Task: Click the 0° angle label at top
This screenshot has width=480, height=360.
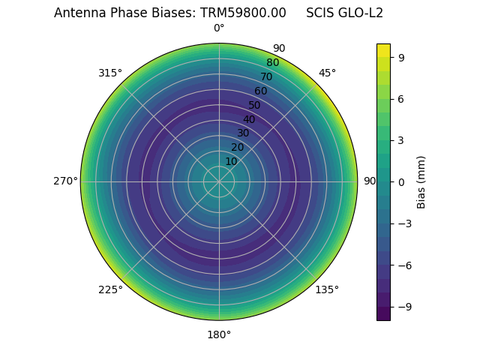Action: point(219,28)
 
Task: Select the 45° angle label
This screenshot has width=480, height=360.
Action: point(327,73)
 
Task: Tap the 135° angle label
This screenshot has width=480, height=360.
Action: point(326,289)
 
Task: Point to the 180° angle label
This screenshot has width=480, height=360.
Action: point(219,334)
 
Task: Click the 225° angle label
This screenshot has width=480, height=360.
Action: point(110,289)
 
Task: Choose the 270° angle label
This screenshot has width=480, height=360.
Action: point(65,181)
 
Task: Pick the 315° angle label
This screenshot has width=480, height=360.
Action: point(110,73)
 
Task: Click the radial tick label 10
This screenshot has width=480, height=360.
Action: point(231,161)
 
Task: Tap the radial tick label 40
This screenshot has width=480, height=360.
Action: point(249,119)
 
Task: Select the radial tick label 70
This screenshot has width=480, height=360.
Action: point(266,76)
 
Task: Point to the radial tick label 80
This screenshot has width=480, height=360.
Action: point(272,63)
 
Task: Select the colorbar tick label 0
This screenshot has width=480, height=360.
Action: point(401,181)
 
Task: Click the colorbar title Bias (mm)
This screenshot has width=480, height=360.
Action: point(421,181)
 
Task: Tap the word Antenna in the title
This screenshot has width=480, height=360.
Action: point(77,13)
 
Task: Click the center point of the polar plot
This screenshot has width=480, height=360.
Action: point(219,181)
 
